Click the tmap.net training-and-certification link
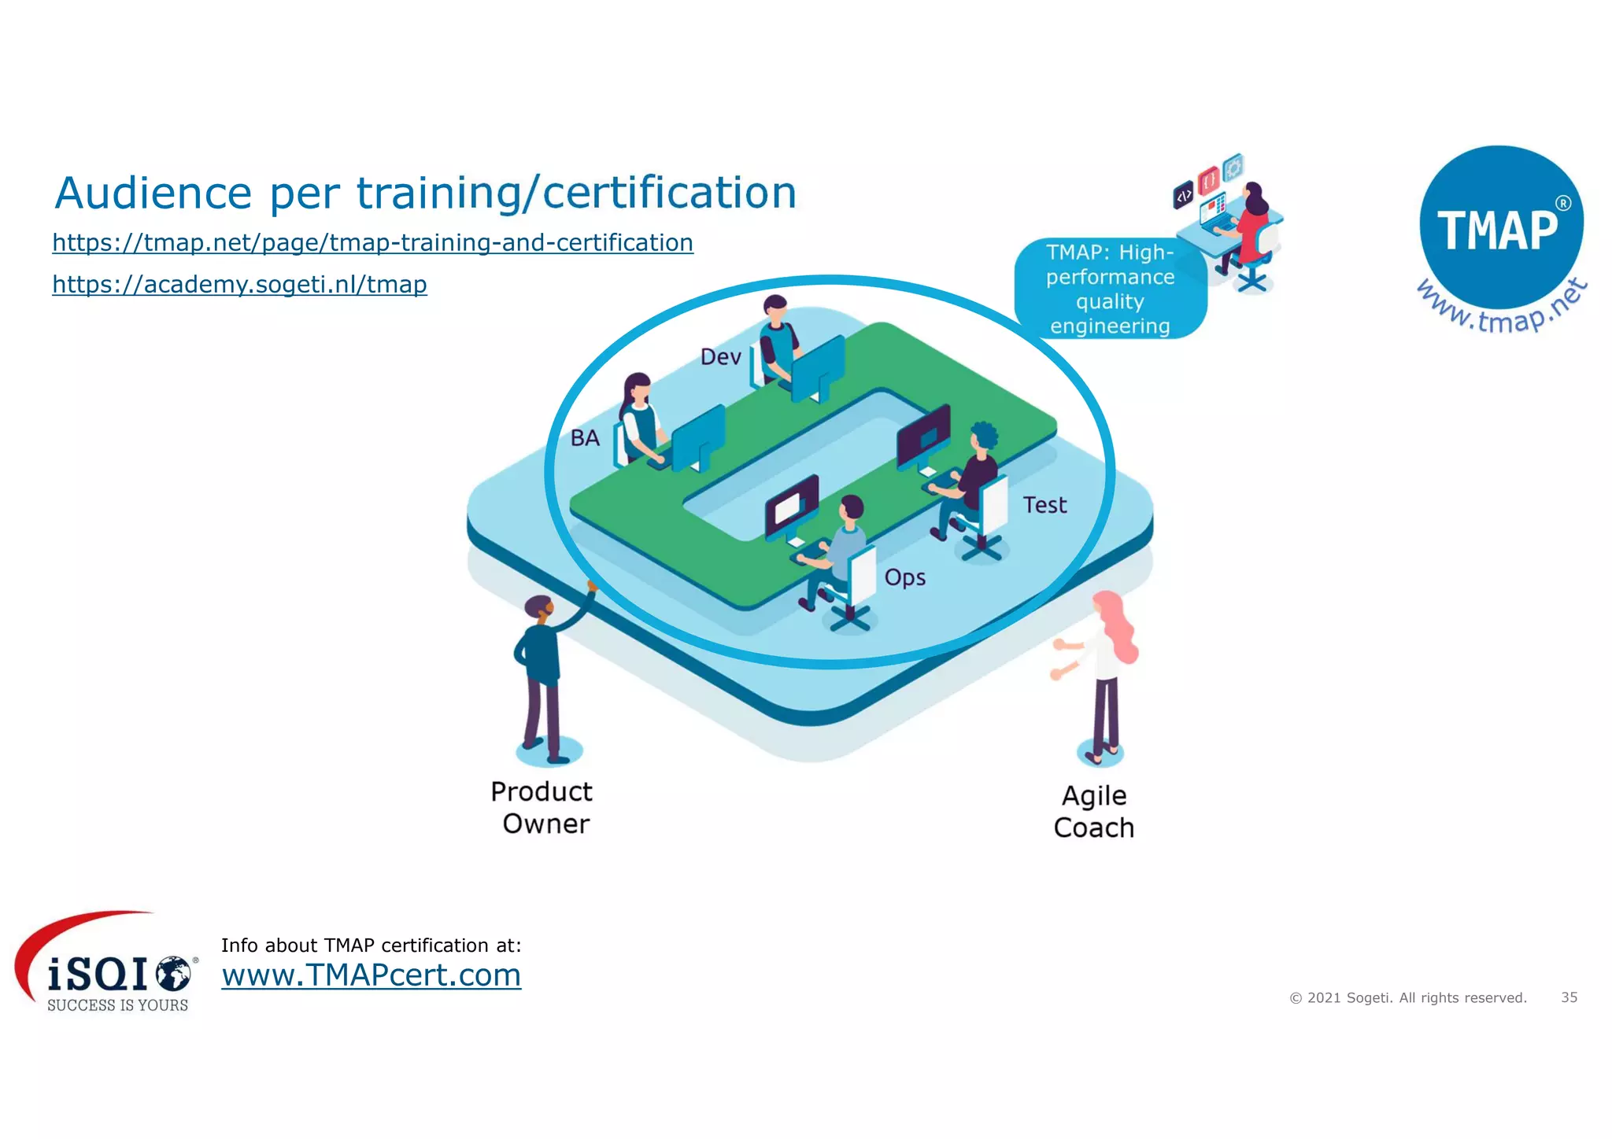(372, 242)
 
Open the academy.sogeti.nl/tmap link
(239, 284)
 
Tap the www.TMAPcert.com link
(371, 975)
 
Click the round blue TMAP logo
(1500, 228)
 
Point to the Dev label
(720, 357)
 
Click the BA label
(585, 438)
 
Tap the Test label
(1044, 505)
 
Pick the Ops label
(904, 577)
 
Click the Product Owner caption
(542, 808)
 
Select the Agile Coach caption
(1093, 812)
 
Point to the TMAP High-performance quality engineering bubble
(1110, 289)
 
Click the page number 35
(1569, 997)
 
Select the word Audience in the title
(153, 193)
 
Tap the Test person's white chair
(993, 507)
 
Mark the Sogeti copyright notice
(1407, 998)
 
